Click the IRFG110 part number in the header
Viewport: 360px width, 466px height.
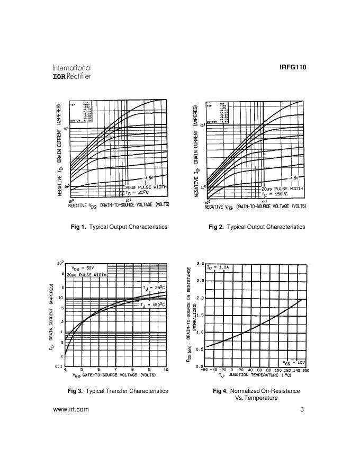point(292,67)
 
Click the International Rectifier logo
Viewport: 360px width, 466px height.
point(71,72)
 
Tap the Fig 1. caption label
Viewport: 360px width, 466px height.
point(78,227)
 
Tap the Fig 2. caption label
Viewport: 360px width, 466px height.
point(217,227)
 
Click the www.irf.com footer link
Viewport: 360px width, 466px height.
point(71,409)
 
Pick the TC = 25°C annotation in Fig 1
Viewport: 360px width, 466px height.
point(139,193)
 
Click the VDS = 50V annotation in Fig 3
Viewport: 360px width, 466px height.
point(84,268)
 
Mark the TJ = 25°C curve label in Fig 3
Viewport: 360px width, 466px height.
point(155,288)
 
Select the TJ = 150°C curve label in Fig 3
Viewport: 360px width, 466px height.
point(154,305)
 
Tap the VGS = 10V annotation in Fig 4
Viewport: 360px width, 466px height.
point(294,363)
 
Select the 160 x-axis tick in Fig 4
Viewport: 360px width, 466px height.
point(305,371)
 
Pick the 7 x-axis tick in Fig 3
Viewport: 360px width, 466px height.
point(115,369)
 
